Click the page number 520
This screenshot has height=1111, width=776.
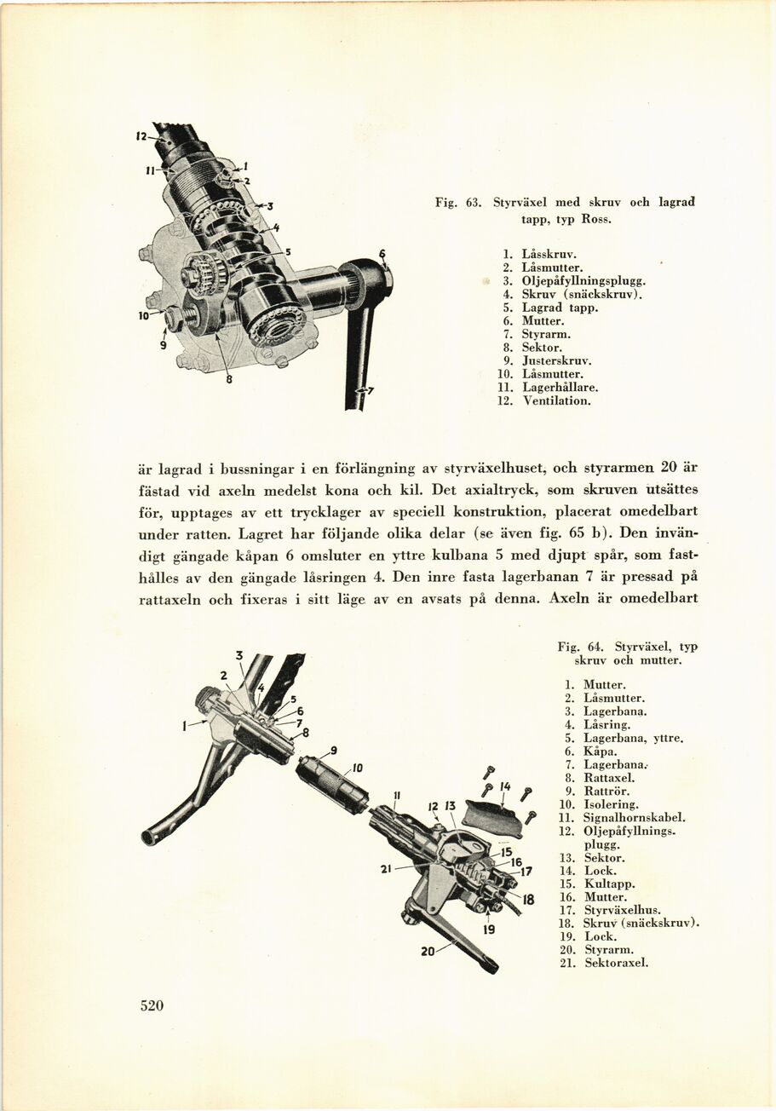click(x=152, y=1005)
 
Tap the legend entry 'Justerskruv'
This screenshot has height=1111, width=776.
click(x=556, y=360)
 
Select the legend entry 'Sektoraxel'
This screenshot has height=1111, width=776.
click(x=616, y=964)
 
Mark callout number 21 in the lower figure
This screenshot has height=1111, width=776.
click(x=386, y=869)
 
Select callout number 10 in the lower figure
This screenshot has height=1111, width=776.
click(x=358, y=768)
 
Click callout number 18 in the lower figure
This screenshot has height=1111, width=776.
click(x=528, y=899)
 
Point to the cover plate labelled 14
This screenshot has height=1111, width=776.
click(x=492, y=819)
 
